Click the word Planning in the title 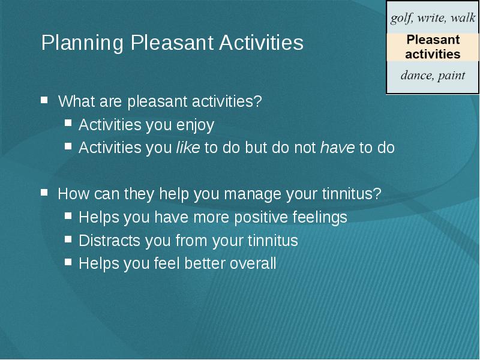click(82, 43)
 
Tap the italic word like click(188, 148)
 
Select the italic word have click(337, 148)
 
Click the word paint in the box click(452, 76)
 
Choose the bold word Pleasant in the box click(433, 40)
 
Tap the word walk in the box click(463, 18)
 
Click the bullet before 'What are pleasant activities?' click(44, 100)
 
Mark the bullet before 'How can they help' click(44, 192)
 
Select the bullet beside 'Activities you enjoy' click(68, 123)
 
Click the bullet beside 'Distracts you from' click(68, 239)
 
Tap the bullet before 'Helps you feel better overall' click(68, 262)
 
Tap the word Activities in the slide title click(262, 43)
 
